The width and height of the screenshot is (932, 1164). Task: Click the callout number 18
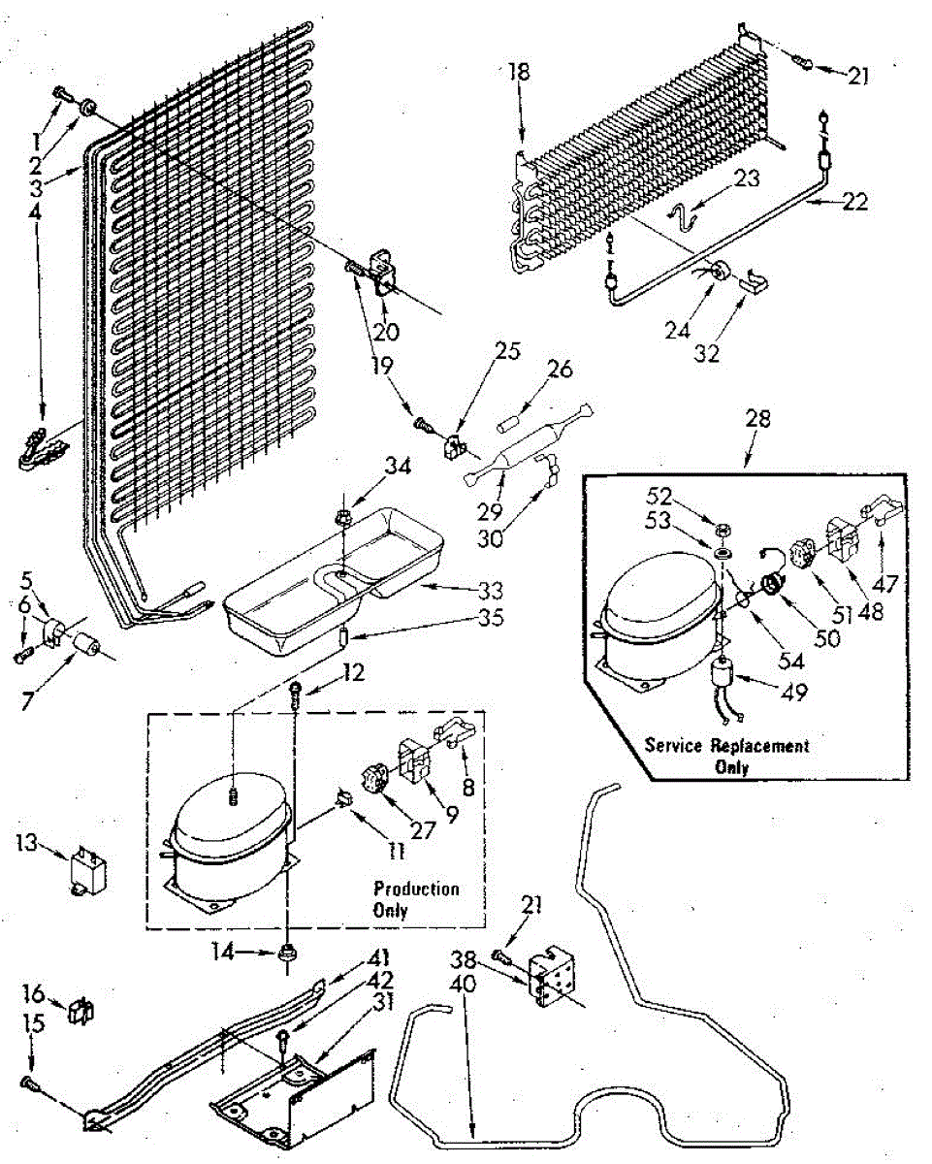(x=520, y=72)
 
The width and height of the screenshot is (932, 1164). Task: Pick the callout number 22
(x=853, y=203)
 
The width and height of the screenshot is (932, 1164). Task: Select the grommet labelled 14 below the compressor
(x=287, y=954)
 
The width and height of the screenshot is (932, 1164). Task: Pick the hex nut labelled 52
(x=723, y=530)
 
